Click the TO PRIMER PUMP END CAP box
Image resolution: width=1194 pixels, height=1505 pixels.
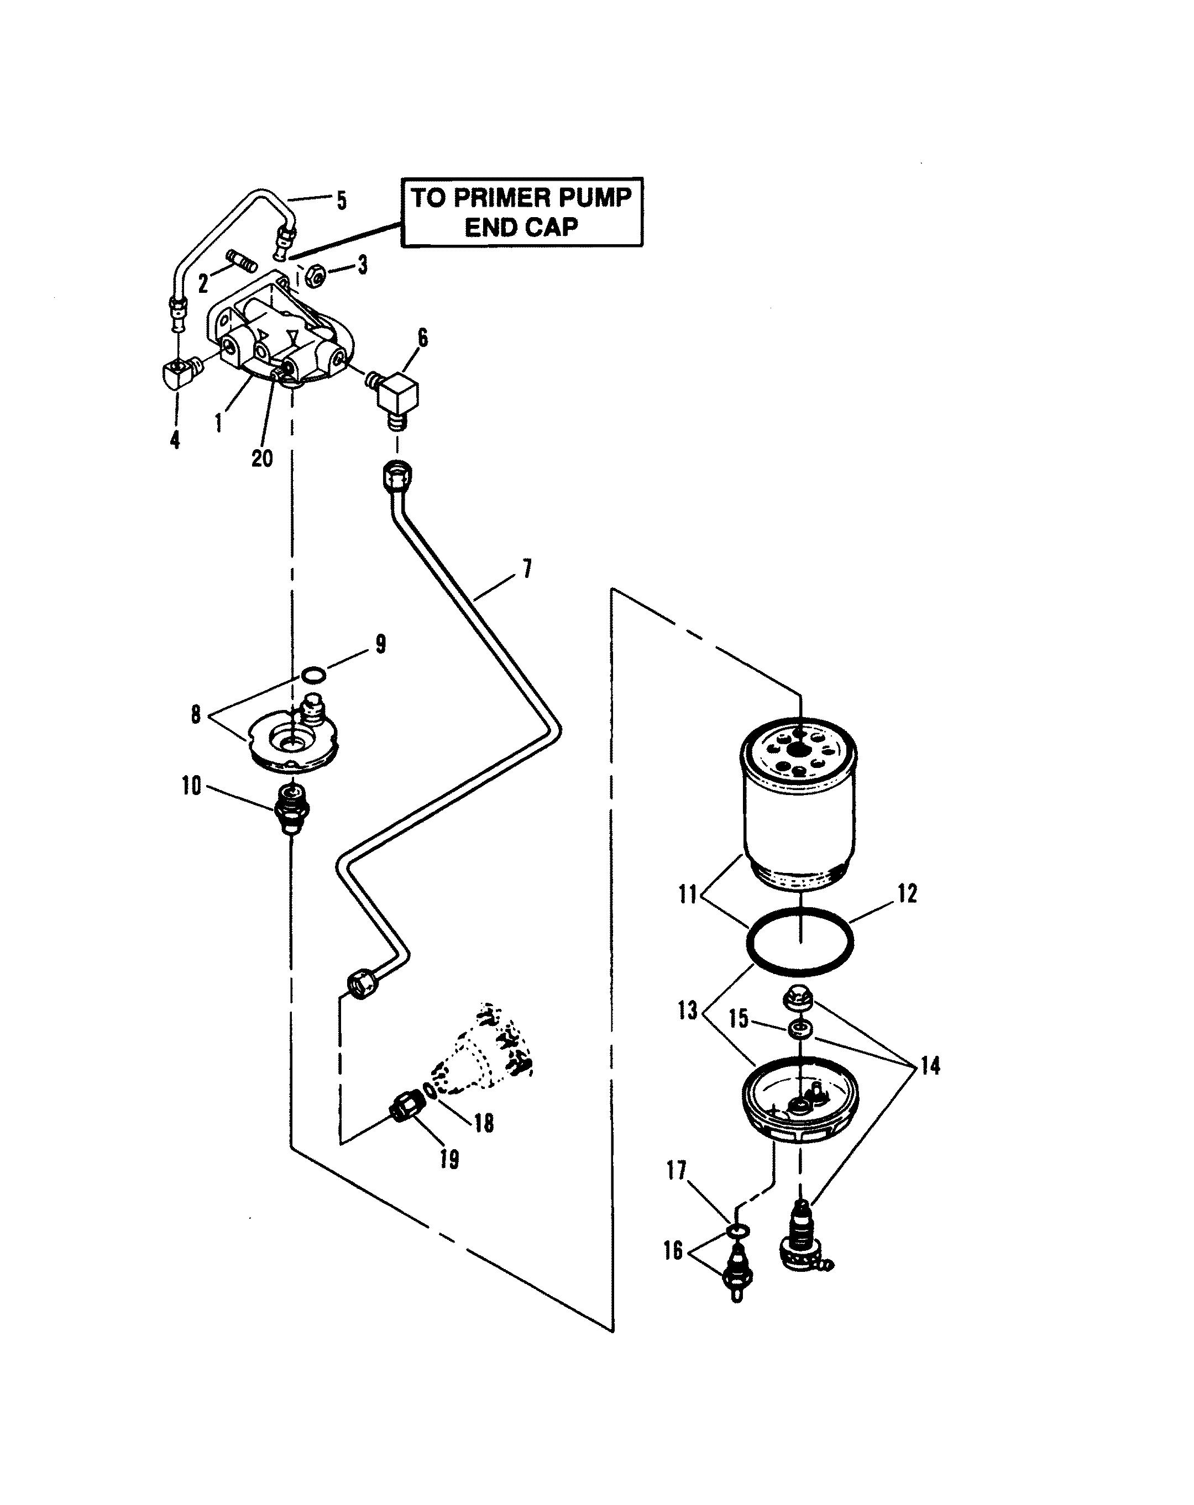(522, 212)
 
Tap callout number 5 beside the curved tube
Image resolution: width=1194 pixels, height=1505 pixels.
(342, 201)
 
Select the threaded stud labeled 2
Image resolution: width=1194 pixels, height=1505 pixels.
(242, 265)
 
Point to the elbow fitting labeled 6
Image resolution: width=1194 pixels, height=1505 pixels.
(394, 398)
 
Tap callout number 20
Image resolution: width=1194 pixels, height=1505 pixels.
(262, 457)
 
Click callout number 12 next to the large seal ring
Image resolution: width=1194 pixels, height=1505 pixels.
(907, 893)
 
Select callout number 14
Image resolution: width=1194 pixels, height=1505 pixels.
(929, 1065)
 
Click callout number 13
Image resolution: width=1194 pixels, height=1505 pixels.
(688, 1009)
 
